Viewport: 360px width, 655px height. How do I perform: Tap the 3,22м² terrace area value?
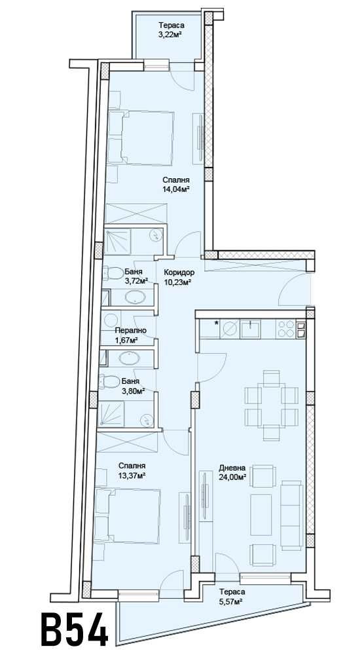click(170, 35)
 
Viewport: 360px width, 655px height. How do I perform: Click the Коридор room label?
click(177, 272)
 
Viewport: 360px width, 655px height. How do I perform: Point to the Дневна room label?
click(232, 468)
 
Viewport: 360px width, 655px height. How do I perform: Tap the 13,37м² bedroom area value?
click(131, 476)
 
